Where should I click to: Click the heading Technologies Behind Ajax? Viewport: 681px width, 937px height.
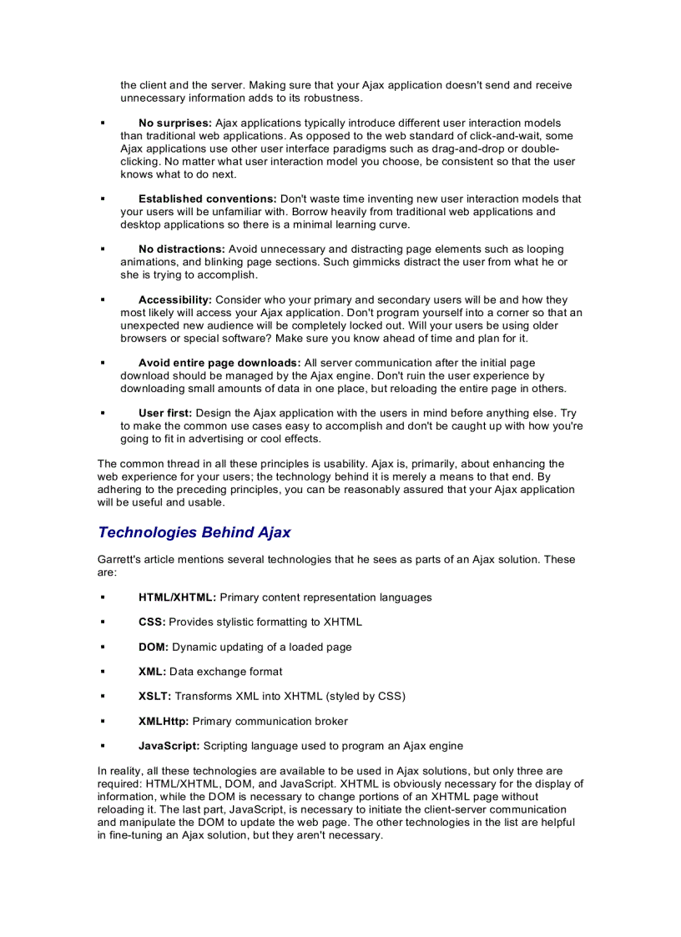[x=194, y=532]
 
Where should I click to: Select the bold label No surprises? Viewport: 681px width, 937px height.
[x=174, y=123]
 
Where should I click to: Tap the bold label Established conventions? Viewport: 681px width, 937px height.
[x=207, y=199]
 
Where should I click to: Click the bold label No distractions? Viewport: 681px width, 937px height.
[x=181, y=249]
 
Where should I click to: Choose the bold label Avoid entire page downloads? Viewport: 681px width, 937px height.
[x=219, y=363]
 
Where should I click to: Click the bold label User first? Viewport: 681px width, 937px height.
[x=165, y=414]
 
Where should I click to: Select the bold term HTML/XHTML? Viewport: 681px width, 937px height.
[x=177, y=597]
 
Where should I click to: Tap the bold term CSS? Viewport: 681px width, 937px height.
[x=152, y=622]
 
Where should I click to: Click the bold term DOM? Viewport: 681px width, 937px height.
[x=154, y=647]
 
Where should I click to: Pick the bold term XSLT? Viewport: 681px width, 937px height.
[x=154, y=697]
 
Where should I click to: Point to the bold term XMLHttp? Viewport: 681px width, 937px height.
[x=164, y=722]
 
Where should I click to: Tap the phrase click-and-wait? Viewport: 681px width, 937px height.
[x=507, y=136]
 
